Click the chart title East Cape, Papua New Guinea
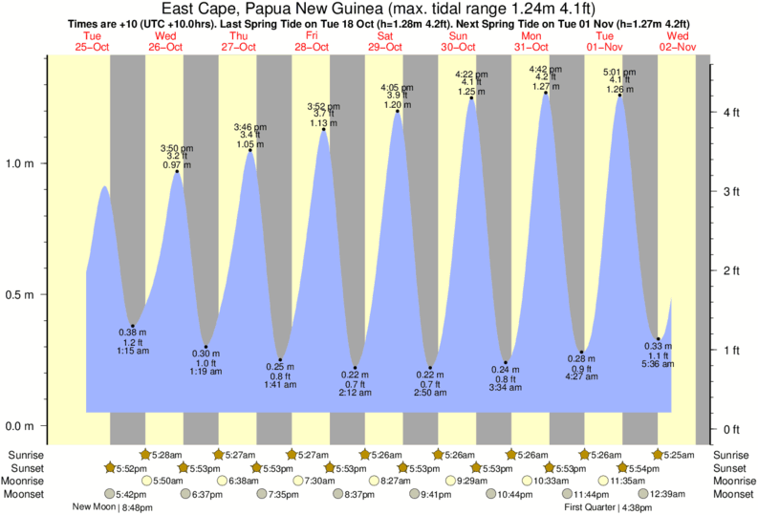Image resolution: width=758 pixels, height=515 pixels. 379,9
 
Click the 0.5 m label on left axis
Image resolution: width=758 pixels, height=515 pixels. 21,294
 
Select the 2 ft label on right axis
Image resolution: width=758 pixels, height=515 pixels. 732,271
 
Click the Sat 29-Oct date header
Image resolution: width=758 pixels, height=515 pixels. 385,41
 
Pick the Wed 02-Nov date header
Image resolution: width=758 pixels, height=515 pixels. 678,41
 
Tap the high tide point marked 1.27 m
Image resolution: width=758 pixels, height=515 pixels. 546,93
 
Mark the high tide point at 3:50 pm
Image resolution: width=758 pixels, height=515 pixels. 177,172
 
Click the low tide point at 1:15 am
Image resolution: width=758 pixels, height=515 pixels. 133,327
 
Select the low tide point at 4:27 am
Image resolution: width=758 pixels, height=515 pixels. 581,353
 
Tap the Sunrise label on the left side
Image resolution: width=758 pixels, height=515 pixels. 25,455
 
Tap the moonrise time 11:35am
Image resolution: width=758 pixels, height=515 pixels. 623,482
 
